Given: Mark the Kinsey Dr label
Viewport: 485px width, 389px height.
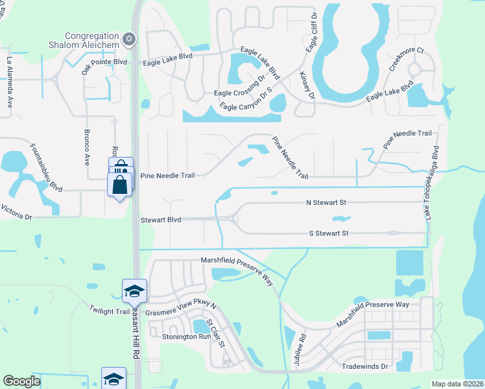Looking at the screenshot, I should click(306, 86).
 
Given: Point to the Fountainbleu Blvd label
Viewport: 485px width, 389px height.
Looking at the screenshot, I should click(46, 168).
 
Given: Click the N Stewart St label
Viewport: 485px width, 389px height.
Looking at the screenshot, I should click(327, 202).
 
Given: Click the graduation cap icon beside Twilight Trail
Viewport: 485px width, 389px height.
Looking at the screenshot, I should click(134, 290).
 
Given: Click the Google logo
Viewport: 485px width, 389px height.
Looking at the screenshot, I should click(21, 381).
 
